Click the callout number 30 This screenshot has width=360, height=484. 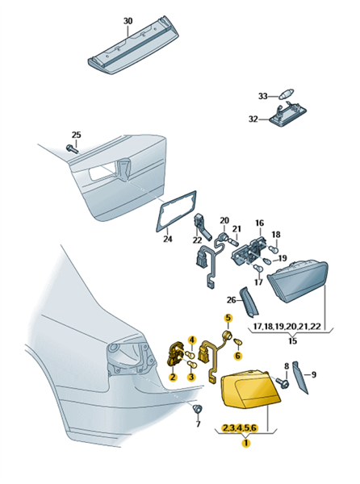click(x=128, y=21)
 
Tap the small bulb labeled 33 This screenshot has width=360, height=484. click(x=287, y=94)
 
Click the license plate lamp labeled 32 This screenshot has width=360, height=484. click(x=287, y=116)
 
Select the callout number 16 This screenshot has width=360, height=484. click(x=259, y=223)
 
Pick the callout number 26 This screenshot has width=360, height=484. click(x=231, y=299)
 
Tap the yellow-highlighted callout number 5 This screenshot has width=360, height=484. click(x=228, y=318)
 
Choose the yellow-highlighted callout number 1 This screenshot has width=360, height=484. click(x=246, y=443)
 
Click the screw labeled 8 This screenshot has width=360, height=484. click(x=283, y=382)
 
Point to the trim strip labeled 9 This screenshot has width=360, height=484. click(x=300, y=378)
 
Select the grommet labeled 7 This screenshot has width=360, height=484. click(x=197, y=408)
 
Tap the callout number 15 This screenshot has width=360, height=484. click(x=292, y=340)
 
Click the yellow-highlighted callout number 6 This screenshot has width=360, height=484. click(x=238, y=356)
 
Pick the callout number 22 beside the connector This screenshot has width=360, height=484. click(x=197, y=240)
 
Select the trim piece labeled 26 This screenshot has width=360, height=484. click(x=249, y=301)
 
